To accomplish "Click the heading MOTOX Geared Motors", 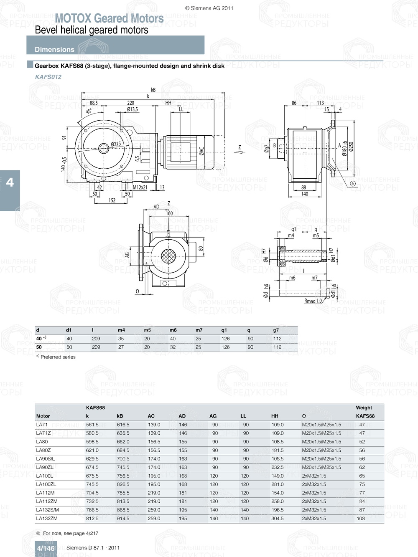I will coord(109,18).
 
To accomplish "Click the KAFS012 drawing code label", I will coord(48,77).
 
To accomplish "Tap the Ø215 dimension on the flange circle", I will coord(116,144).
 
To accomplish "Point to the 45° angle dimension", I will coord(89,111).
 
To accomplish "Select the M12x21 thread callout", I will coord(140,187).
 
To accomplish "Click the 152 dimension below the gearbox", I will coord(112,200).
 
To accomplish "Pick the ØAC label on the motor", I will coord(201,151).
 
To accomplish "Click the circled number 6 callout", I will coord(352,184).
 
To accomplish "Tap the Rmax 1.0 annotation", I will coord(313,301).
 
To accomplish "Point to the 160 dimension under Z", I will coord(169,213).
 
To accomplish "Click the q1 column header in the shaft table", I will coord(224,330).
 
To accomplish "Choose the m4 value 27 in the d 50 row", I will coord(121,347).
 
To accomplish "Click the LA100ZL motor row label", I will coord(46,484).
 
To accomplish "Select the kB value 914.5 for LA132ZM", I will coord(123,518).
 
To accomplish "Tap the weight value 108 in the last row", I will coord(361,518).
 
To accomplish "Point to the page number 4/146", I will coord(46,548).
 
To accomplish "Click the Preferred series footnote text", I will coord(58,357).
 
